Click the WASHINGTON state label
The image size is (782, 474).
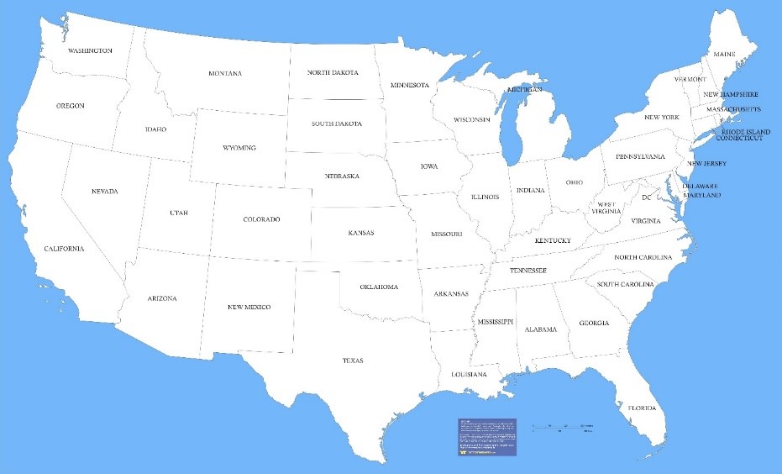click(90, 50)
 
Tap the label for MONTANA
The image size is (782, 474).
click(225, 74)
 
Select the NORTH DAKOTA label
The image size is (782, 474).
click(333, 73)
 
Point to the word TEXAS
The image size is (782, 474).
click(353, 361)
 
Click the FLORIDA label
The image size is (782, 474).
click(642, 408)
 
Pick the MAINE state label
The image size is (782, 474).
click(724, 55)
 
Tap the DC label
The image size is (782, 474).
click(647, 198)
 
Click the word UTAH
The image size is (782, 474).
click(179, 213)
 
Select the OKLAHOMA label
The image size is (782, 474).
click(379, 287)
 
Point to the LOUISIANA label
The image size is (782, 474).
click(469, 374)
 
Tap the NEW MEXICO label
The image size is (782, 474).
click(249, 308)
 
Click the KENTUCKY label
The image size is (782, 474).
click(553, 241)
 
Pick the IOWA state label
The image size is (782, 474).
click(429, 166)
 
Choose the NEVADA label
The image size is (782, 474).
click(105, 192)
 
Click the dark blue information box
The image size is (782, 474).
click(487, 437)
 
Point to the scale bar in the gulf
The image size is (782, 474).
click(563, 428)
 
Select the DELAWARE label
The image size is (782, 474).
click(699, 186)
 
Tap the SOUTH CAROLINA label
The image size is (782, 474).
click(626, 284)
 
